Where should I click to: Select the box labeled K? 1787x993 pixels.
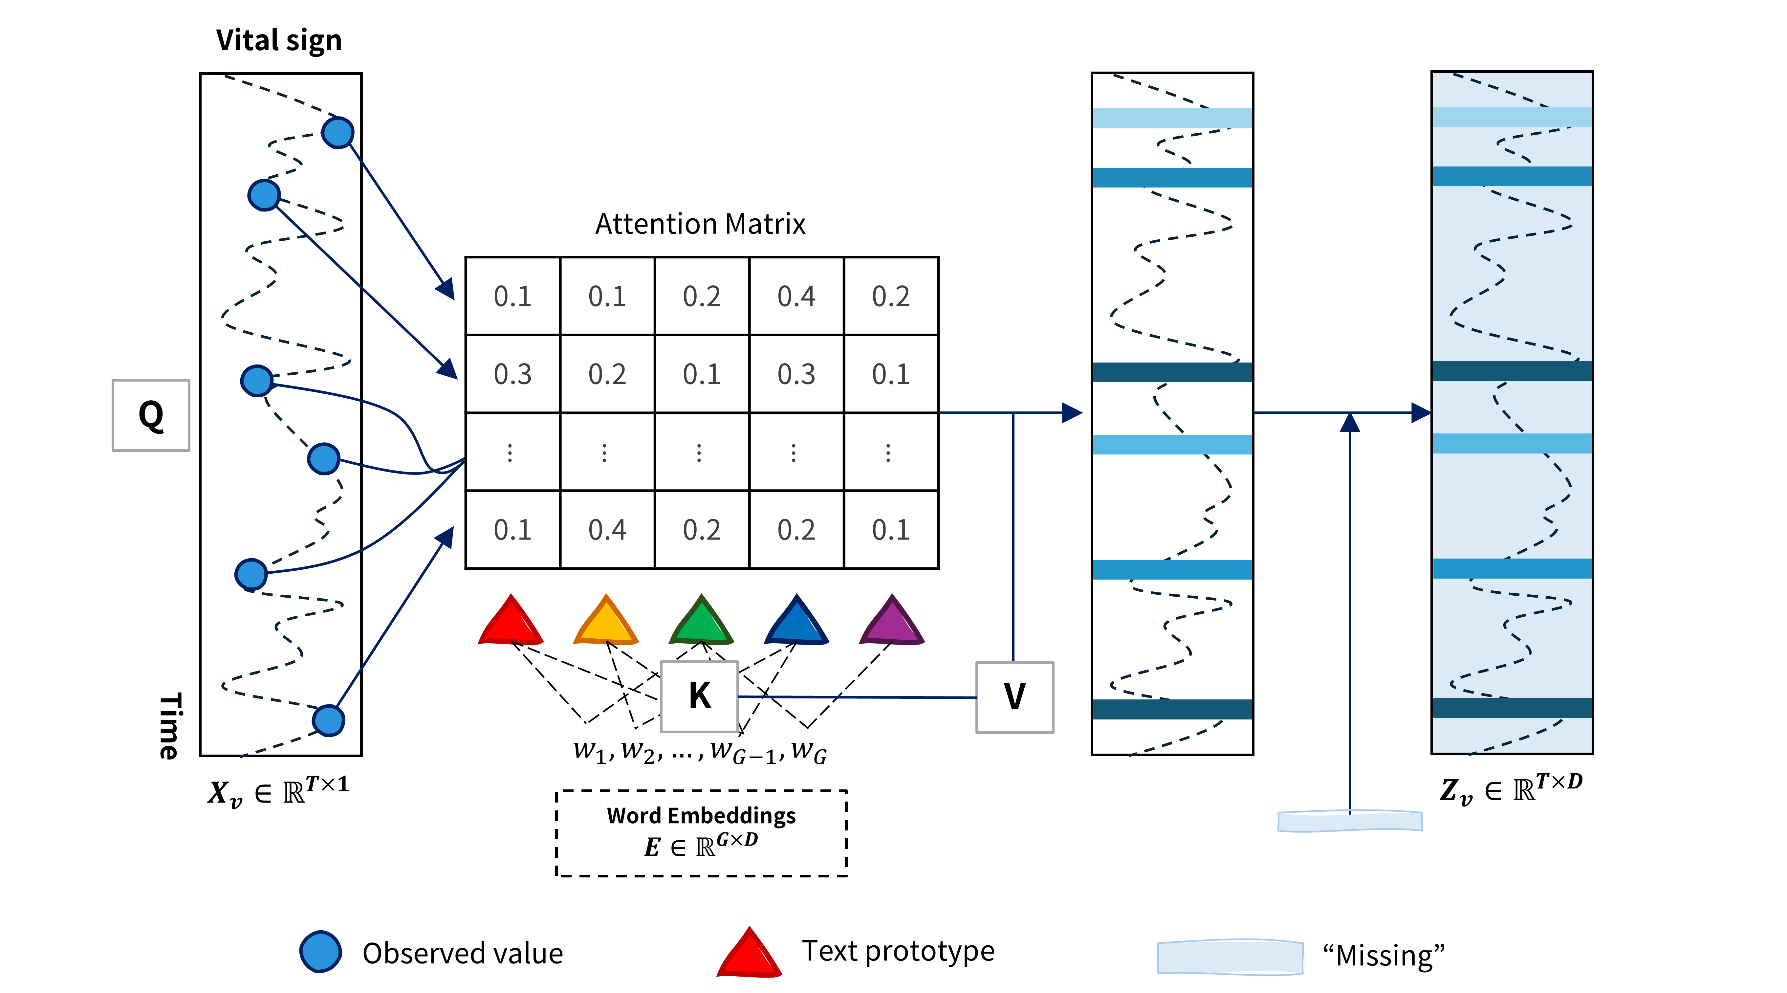pyautogui.click(x=699, y=696)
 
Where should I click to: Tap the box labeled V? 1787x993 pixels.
pyautogui.click(x=1014, y=697)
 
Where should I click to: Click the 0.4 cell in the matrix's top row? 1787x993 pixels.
pyautogui.click(x=796, y=296)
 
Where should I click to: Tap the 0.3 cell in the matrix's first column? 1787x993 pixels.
pyautogui.click(x=512, y=374)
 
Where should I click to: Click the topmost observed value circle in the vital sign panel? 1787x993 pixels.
pyautogui.click(x=338, y=133)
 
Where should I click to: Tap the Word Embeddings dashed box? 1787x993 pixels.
pyautogui.click(x=701, y=833)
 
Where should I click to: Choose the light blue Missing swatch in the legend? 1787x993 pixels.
pyautogui.click(x=1230, y=957)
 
